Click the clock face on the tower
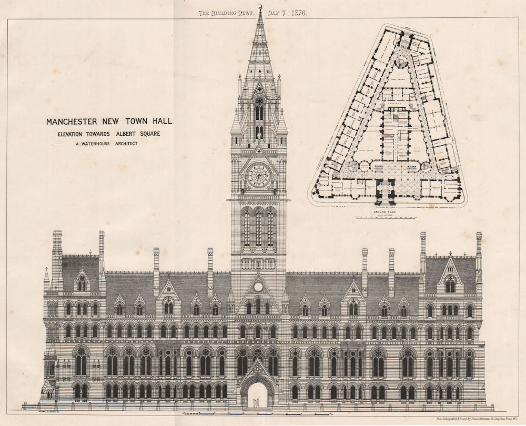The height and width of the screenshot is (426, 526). point(259,176)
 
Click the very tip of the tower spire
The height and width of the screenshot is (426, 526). point(260,7)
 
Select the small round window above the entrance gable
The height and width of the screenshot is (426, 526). point(258,287)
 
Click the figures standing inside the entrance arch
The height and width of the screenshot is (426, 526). point(257,402)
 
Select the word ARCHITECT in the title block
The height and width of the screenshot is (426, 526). point(125,143)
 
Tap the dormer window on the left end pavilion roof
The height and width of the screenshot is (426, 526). point(81,283)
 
